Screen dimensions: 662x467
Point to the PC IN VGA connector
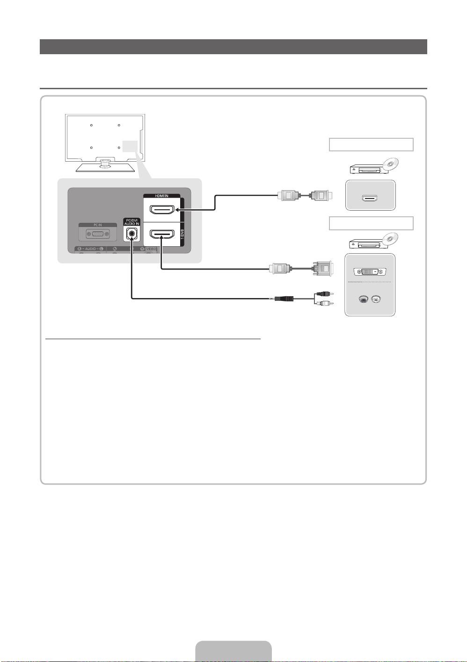coord(98,235)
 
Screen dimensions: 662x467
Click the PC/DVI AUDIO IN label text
coord(131,222)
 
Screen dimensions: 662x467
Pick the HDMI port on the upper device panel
coord(370,199)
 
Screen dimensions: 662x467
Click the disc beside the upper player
coord(391,164)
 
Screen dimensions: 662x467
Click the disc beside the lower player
coord(391,239)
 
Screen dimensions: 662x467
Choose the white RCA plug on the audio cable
coord(323,304)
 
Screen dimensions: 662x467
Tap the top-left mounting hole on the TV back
coord(91,125)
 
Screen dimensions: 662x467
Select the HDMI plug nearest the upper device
coord(322,195)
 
